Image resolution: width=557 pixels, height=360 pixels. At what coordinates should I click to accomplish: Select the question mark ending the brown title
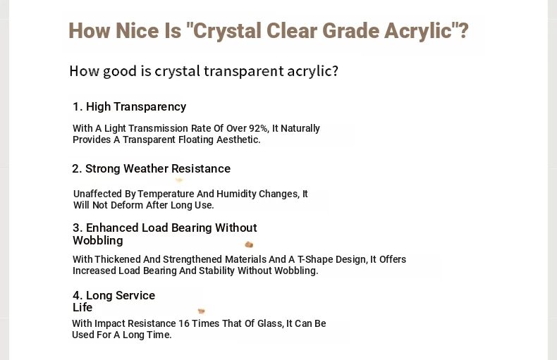pyautogui.click(x=463, y=30)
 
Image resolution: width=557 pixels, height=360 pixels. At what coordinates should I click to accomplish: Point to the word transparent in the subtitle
pyautogui.click(x=244, y=71)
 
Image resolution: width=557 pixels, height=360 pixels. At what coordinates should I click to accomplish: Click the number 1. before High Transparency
pyautogui.click(x=78, y=106)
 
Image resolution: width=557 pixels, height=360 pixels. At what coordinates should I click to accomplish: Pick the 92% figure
pyautogui.click(x=259, y=128)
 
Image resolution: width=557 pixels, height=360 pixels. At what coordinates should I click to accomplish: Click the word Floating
pyautogui.click(x=196, y=139)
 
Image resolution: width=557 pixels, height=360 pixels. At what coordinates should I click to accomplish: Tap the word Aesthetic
pyautogui.click(x=238, y=139)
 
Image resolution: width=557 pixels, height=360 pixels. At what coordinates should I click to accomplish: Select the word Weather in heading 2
pyautogui.click(x=146, y=168)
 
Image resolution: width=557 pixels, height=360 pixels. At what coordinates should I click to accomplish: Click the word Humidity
pyautogui.click(x=236, y=194)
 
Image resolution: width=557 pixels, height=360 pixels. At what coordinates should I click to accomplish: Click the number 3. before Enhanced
pyautogui.click(x=78, y=228)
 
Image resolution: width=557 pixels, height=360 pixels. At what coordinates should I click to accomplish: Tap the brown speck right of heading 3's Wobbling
pyautogui.click(x=249, y=244)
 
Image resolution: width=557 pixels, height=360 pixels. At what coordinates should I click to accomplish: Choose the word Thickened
pyautogui.click(x=117, y=259)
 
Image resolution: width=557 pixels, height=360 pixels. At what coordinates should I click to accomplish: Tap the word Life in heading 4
pyautogui.click(x=82, y=307)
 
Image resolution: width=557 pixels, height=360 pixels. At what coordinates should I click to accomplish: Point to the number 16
pyautogui.click(x=184, y=323)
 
